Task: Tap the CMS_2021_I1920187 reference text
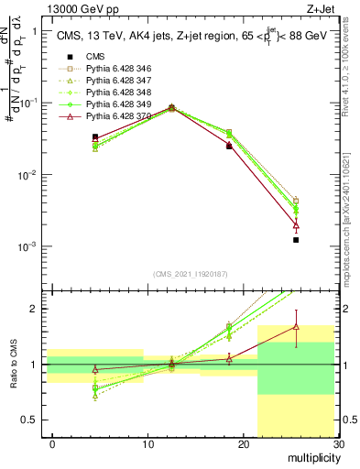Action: point(191,274)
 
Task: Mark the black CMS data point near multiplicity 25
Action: point(296,240)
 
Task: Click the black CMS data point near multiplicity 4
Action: point(95,137)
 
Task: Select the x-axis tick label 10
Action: point(147,444)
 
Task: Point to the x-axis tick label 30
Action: point(338,444)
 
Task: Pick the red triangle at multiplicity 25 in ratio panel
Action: point(296,326)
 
